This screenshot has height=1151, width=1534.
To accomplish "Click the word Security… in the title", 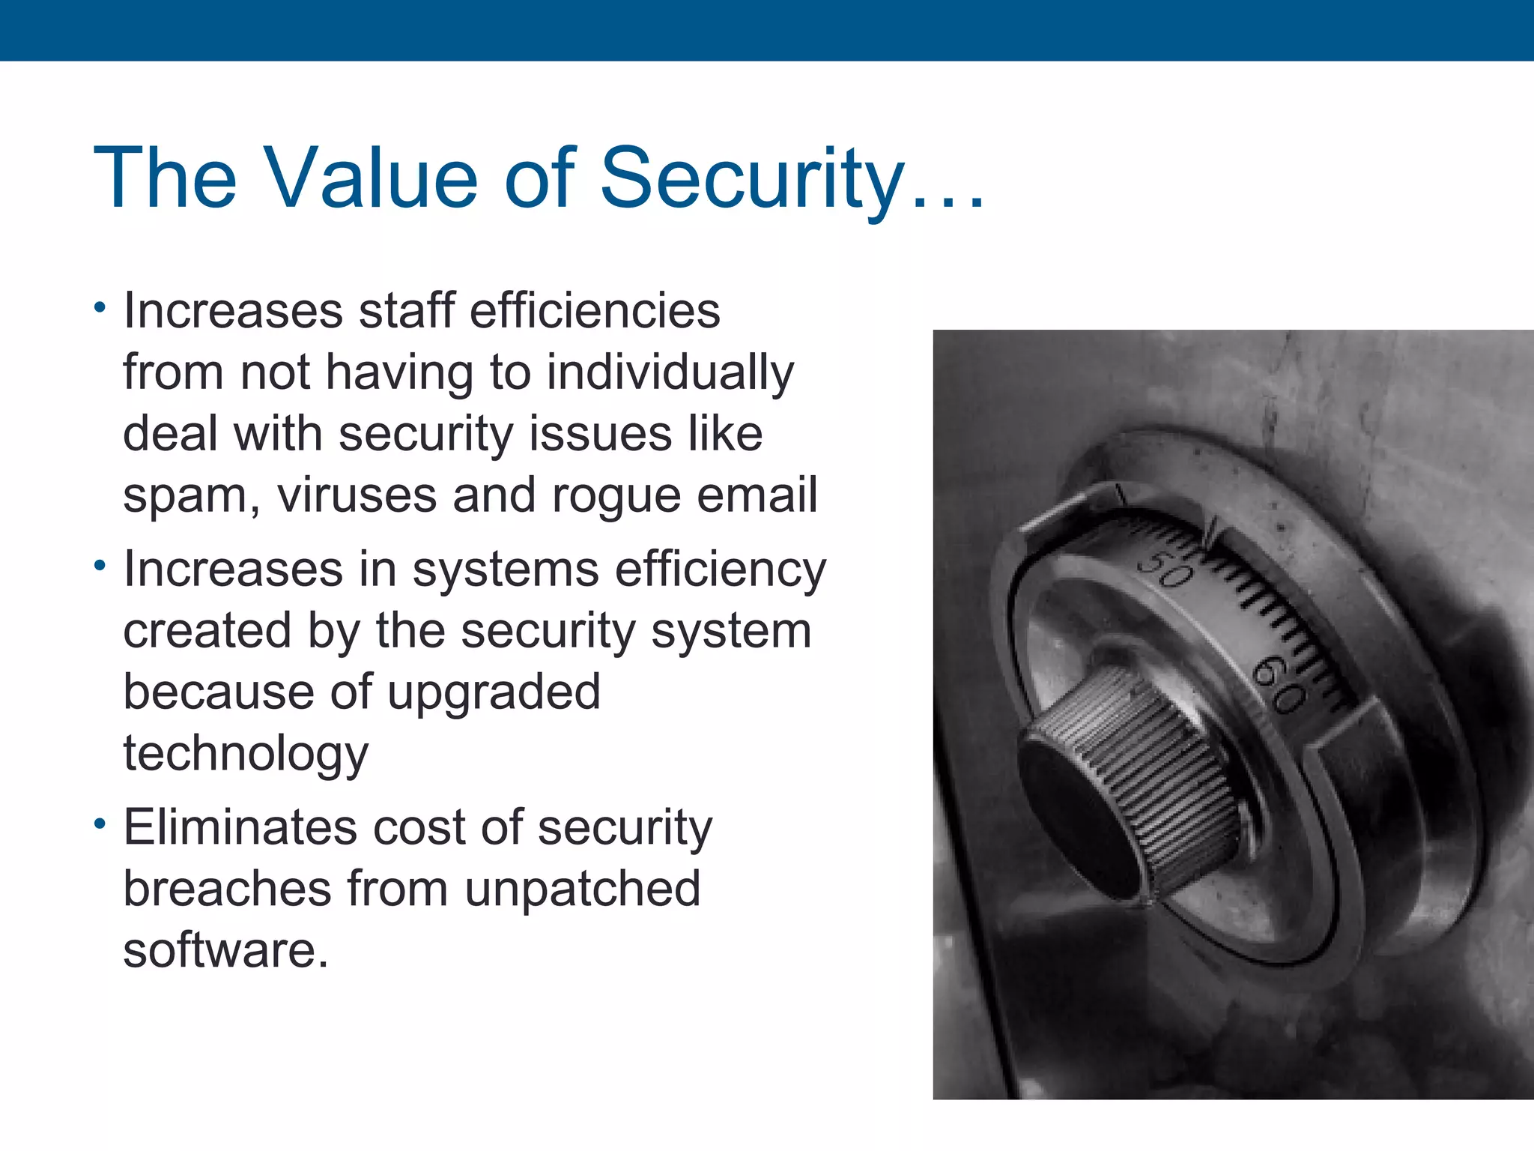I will (792, 178).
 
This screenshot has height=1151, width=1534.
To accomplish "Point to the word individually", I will (670, 372).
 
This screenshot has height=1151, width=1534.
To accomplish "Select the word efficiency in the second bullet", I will (721, 570).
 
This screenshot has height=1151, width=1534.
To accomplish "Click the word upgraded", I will (494, 692).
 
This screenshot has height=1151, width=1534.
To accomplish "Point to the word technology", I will (246, 754).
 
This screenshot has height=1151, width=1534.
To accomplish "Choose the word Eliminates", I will (240, 828).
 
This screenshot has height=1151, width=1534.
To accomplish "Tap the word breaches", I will (227, 889).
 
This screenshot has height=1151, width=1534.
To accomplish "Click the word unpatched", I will (583, 889).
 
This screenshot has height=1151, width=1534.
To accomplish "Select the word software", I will (225, 950).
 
